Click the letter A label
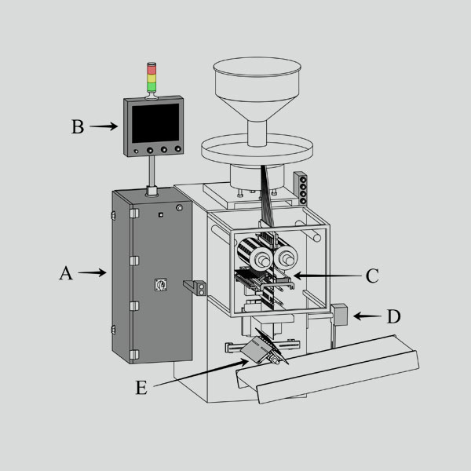click(x=66, y=273)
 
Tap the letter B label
click(x=78, y=126)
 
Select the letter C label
click(x=372, y=276)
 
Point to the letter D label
click(x=393, y=316)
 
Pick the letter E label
click(x=141, y=388)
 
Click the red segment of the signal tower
click(x=152, y=69)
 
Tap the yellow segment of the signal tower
click(x=152, y=78)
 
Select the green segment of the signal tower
click(x=152, y=87)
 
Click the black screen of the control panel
click(x=155, y=123)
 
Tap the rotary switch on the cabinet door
click(x=161, y=284)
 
